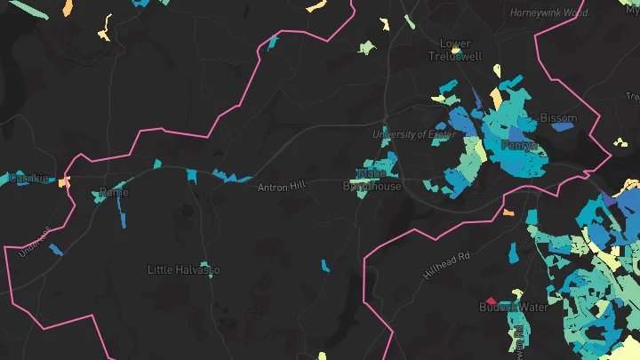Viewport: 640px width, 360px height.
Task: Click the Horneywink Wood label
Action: click(548, 13)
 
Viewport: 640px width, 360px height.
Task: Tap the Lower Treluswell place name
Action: click(455, 50)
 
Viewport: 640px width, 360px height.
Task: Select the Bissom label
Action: click(558, 117)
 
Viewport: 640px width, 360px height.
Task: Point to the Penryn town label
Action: click(519, 144)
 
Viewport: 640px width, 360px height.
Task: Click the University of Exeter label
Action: click(414, 134)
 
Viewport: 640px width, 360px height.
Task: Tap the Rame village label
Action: click(113, 192)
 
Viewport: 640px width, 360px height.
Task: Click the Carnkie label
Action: click(28, 179)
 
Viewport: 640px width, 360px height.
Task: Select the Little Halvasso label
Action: click(183, 269)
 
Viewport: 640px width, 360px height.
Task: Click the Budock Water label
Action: click(514, 308)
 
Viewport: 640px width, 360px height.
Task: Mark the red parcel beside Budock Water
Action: click(488, 300)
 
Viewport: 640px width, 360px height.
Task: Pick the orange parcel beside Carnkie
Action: click(64, 181)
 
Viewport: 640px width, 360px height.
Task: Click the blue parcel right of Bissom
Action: click(562, 126)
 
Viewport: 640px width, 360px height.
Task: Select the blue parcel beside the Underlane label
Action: click(56, 250)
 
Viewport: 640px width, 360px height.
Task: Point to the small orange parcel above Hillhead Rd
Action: click(508, 212)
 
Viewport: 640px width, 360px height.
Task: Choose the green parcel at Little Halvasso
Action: click(206, 265)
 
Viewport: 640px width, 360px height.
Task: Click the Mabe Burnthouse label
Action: click(372, 180)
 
